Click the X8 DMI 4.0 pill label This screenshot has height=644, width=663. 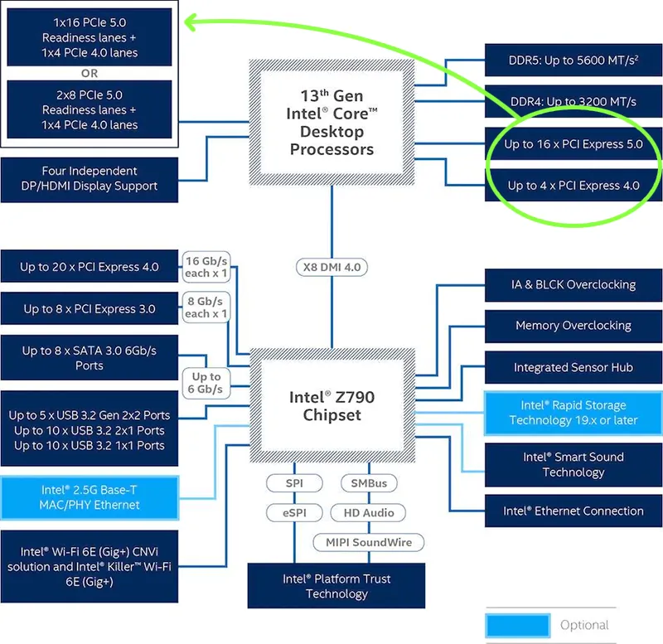[x=332, y=267]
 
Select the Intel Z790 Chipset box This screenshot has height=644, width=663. [x=332, y=405]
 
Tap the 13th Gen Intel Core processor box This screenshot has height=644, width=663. [x=332, y=123]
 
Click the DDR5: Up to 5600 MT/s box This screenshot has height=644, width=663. [x=573, y=60]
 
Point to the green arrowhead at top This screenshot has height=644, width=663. [x=191, y=22]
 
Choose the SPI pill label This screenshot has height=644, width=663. [x=294, y=483]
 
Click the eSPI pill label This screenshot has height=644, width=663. [x=294, y=513]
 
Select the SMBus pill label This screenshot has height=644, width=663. [x=369, y=483]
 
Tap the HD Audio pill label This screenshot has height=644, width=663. [x=368, y=513]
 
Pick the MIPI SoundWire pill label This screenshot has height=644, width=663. [x=369, y=543]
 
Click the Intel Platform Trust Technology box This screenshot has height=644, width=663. [x=336, y=586]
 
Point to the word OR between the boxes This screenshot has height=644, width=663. [x=90, y=74]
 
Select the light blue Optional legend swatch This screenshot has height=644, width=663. [x=518, y=626]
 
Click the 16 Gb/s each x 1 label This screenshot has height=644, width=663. [x=206, y=267]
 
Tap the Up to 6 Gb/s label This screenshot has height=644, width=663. [x=206, y=383]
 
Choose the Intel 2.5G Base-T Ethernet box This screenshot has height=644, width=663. [x=90, y=497]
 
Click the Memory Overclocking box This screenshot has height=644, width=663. [x=573, y=326]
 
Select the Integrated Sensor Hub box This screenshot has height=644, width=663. [x=573, y=367]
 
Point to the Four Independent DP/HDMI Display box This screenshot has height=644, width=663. [x=90, y=179]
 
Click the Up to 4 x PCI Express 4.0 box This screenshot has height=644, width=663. [x=573, y=186]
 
